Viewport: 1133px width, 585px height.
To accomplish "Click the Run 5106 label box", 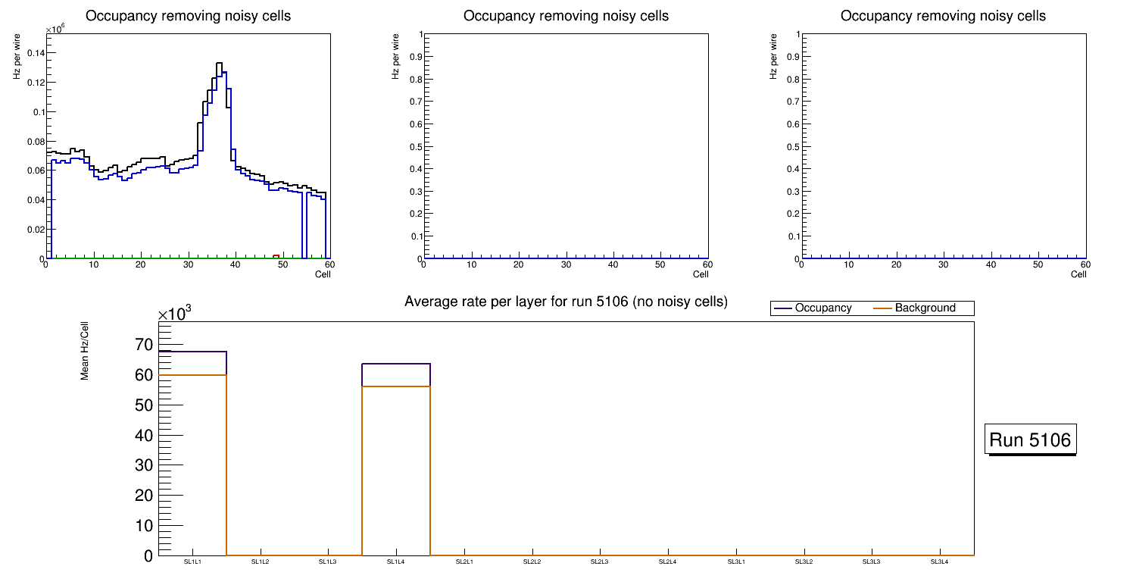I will [x=1030, y=440].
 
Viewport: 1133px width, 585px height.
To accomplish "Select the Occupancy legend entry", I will [x=822, y=308].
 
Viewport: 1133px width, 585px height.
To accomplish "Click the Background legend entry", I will [x=925, y=308].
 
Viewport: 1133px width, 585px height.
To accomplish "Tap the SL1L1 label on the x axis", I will [x=193, y=562].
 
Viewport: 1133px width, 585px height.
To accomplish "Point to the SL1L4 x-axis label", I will [x=396, y=562].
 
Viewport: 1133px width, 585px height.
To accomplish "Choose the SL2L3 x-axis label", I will [x=600, y=562].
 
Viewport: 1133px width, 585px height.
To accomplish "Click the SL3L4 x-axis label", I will [x=939, y=562].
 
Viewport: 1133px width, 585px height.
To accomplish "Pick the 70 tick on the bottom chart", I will [x=143, y=346].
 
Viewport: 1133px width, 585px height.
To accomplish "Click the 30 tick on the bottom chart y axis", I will [x=143, y=466].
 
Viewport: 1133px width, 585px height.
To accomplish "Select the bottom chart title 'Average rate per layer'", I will [x=566, y=302].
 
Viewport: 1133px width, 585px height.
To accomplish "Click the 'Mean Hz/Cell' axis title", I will [x=85, y=350].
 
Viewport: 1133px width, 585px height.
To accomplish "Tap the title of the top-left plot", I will [x=188, y=16].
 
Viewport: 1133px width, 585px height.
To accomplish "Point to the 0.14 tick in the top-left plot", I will [x=34, y=53].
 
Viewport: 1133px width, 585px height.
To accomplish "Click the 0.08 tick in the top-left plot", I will [x=34, y=141].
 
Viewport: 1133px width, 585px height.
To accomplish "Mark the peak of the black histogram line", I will [x=218, y=64].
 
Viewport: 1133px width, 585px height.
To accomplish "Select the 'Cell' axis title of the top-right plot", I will [x=1078, y=274].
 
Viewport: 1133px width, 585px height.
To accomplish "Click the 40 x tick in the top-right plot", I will [x=991, y=265].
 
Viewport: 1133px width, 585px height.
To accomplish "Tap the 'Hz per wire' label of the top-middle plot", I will [x=395, y=57].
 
